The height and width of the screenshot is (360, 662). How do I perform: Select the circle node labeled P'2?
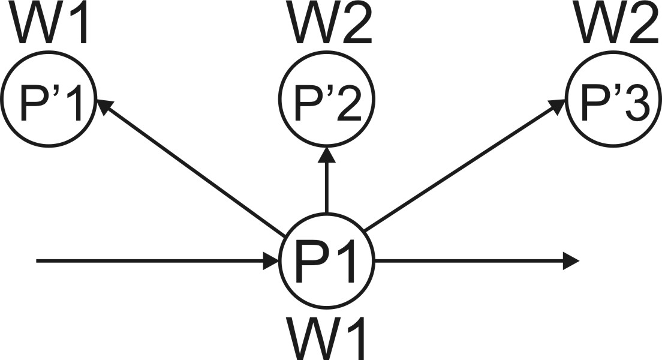(x=327, y=106)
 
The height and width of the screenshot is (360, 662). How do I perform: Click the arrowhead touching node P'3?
(x=558, y=106)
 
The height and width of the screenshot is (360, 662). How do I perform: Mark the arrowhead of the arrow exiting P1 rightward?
(x=572, y=261)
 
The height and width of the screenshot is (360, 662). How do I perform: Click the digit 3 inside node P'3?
(x=636, y=106)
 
